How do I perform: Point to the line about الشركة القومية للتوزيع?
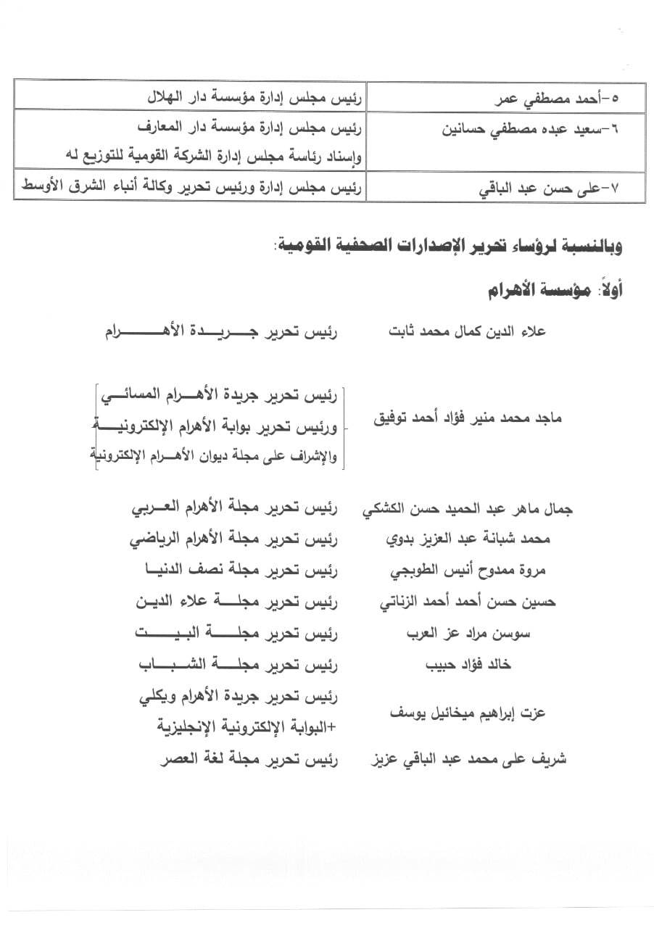pos(218,153)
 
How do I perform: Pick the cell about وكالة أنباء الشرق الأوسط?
pos(191,188)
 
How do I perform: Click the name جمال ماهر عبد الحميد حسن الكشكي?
pos(468,510)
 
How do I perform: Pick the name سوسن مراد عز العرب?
pos(469,633)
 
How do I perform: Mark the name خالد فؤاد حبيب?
pos(474,664)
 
